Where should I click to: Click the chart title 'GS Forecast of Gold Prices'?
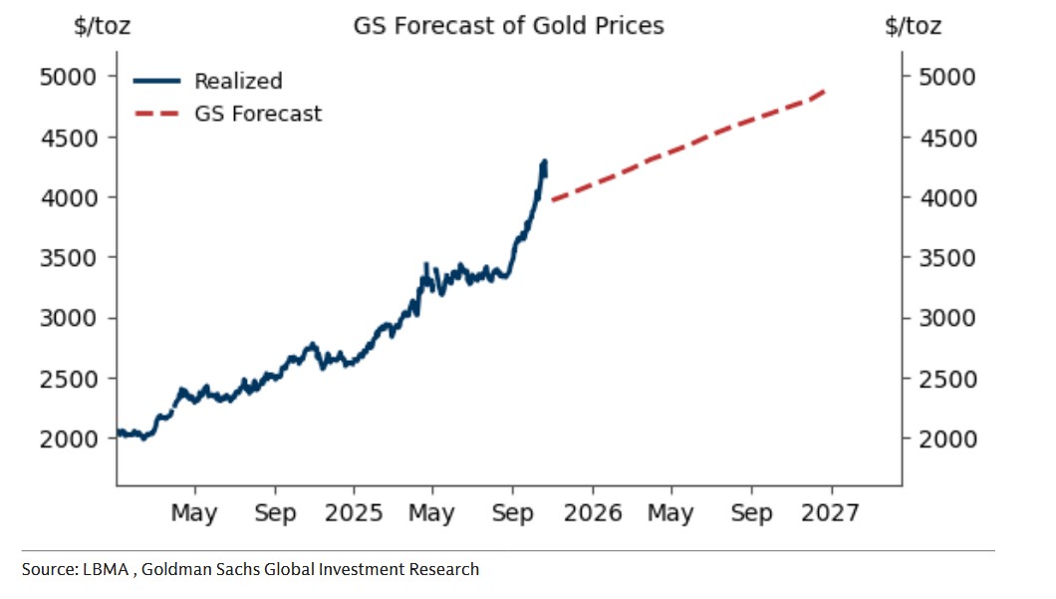508,25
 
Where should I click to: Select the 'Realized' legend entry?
238,81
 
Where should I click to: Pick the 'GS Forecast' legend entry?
258,114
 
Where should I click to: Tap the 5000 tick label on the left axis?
69,77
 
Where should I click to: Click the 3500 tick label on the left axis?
69,258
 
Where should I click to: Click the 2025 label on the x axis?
354,513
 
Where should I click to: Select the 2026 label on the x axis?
593,513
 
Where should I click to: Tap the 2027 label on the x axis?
831,513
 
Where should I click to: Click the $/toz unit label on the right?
913,26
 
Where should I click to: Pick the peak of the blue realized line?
545,160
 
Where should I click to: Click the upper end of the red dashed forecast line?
827,91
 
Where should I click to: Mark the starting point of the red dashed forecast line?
552,200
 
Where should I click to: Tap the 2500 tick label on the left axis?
69,379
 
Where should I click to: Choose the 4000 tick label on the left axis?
69,197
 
